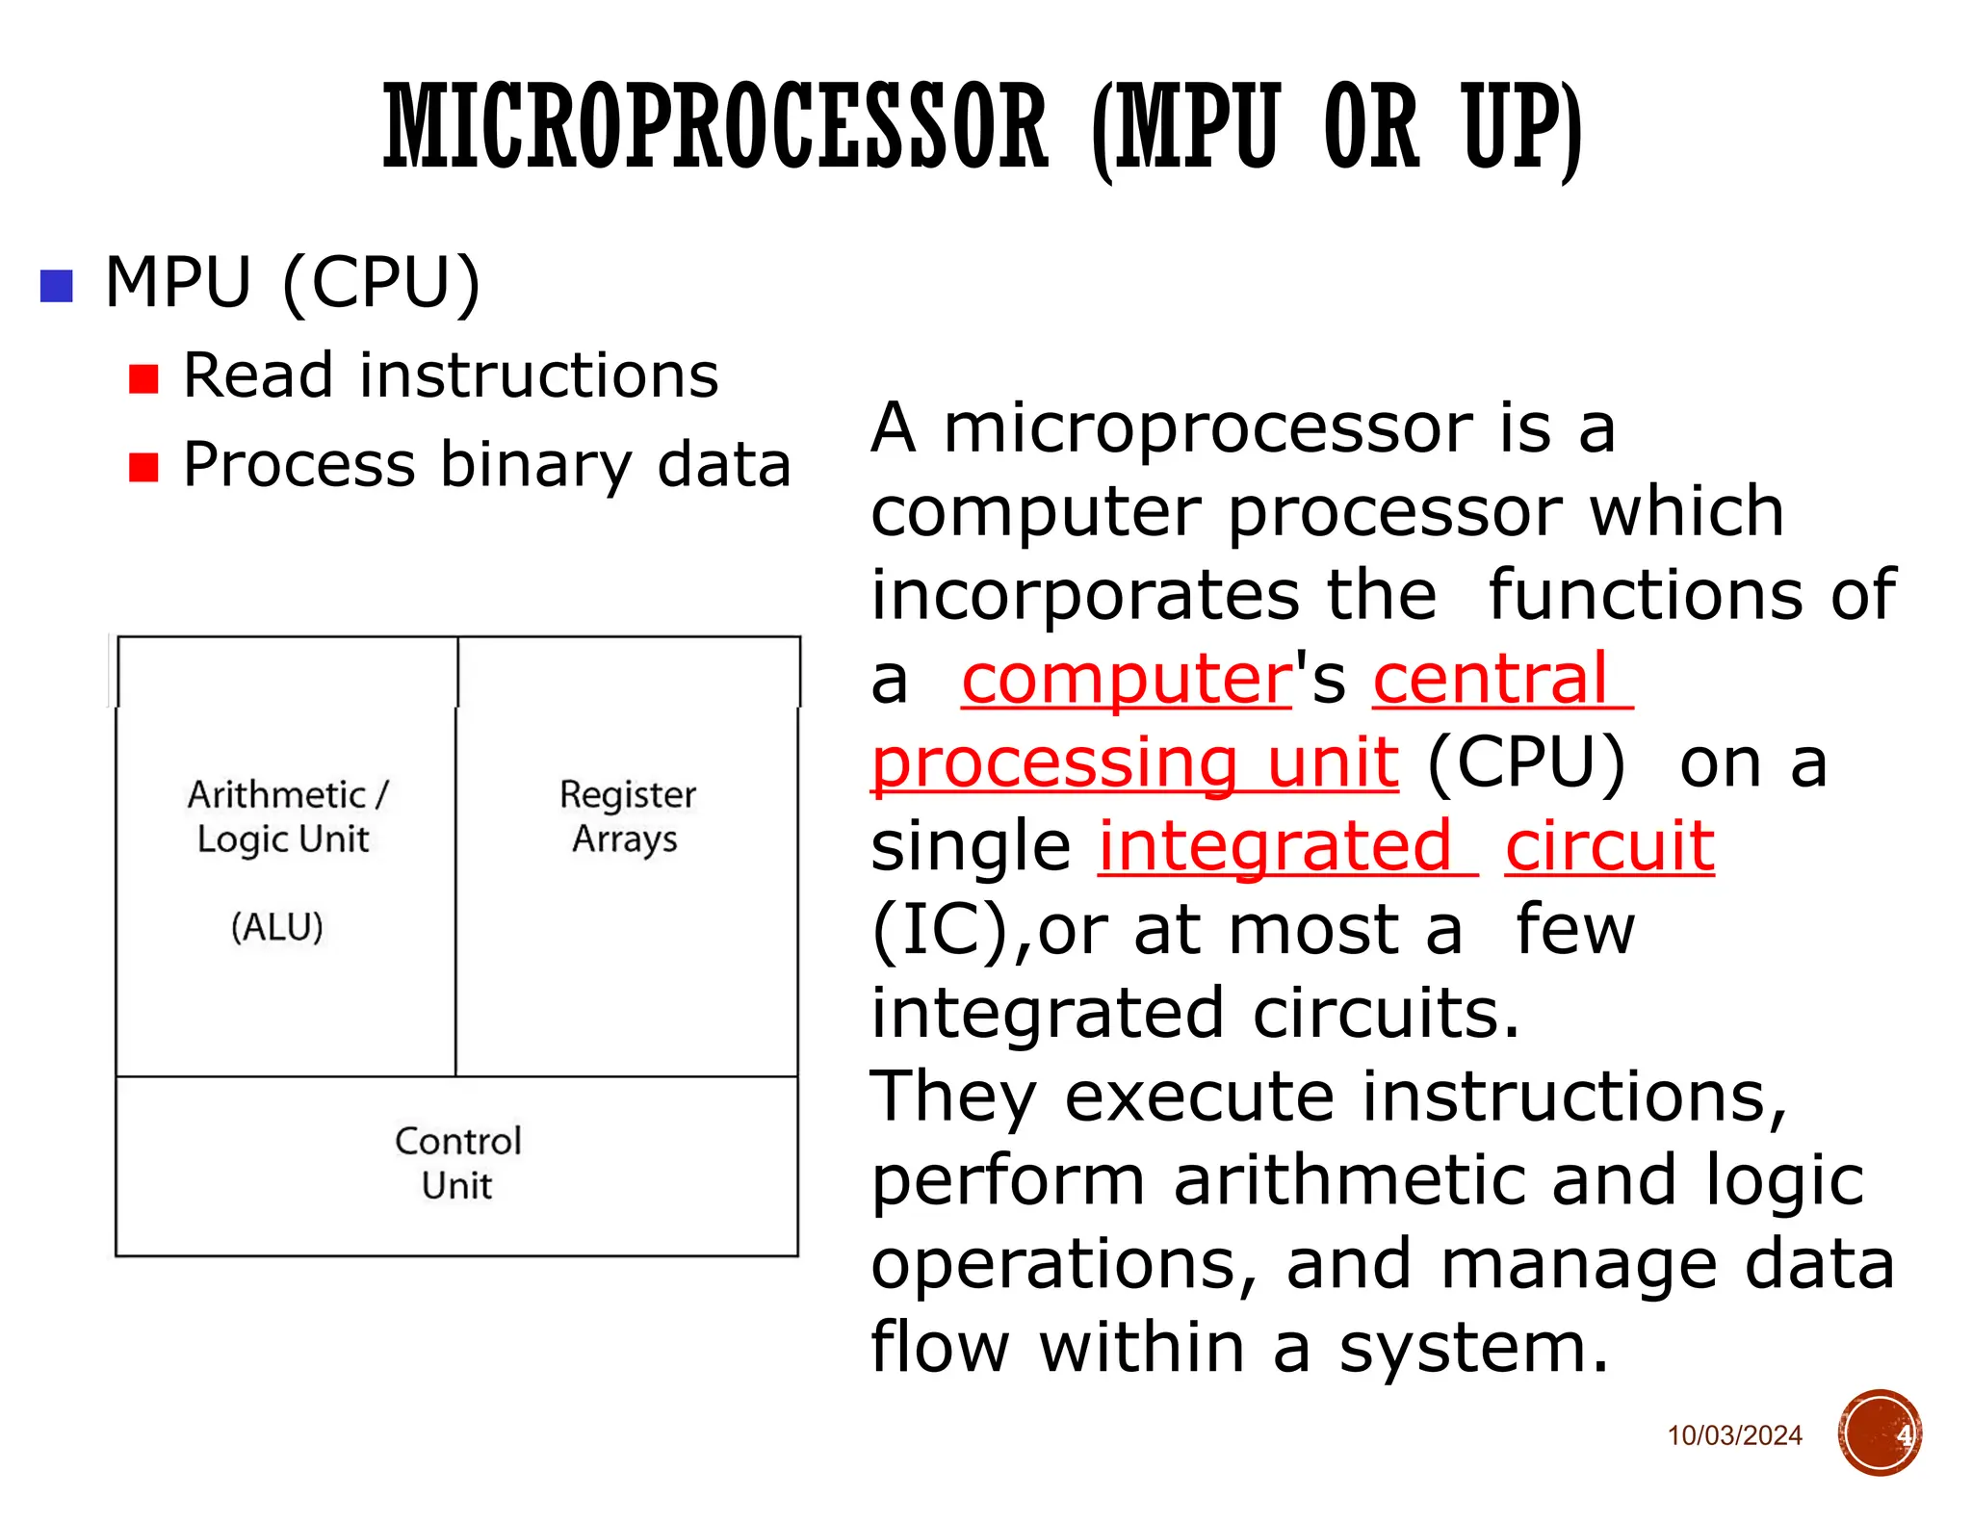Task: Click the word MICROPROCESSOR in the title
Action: point(714,127)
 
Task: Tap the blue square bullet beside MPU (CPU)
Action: point(57,286)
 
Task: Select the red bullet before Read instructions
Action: point(143,378)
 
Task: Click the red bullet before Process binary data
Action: point(143,467)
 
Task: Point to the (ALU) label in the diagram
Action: point(277,926)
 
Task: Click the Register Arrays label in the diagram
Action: point(627,816)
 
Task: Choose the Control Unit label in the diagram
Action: point(457,1162)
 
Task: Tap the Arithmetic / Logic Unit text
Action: point(285,816)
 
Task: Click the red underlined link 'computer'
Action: point(1127,680)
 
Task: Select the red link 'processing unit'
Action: point(1134,763)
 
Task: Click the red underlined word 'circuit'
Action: point(1610,846)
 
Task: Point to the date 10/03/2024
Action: point(1734,1435)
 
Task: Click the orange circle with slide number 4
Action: point(1880,1433)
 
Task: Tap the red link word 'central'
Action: point(1491,680)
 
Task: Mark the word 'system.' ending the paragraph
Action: point(1473,1347)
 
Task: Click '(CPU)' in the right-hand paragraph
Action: point(1526,763)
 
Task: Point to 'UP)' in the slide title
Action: point(1521,127)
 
